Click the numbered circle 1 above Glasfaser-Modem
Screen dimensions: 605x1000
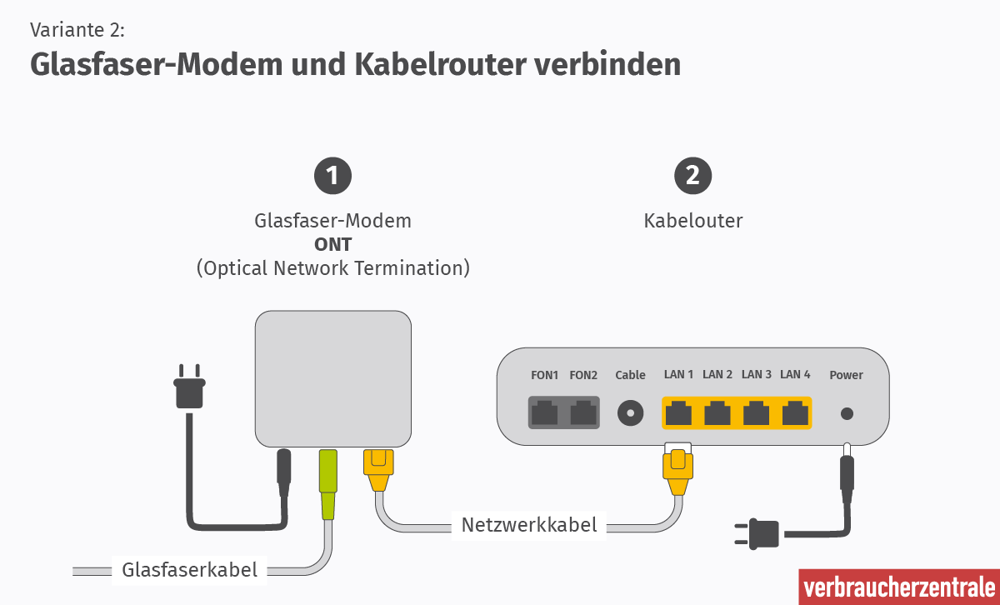tap(332, 176)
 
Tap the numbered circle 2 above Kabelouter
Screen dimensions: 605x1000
tap(692, 176)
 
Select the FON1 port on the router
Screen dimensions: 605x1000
tap(545, 412)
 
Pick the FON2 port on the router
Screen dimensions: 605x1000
tap(583, 412)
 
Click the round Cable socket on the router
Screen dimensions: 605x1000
tap(630, 412)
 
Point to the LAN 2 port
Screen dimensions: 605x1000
tap(717, 412)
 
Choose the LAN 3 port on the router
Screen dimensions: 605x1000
tap(757, 412)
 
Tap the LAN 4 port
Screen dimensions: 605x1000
tap(795, 412)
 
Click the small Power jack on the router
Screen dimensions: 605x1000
tap(847, 412)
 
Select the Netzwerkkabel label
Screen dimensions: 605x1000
tap(529, 525)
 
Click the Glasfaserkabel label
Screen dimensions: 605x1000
tap(190, 570)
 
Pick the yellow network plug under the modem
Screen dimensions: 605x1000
tap(377, 469)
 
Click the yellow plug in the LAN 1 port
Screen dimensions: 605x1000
tap(677, 471)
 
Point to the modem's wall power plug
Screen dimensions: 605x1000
tap(189, 388)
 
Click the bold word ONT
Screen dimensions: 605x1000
tap(332, 245)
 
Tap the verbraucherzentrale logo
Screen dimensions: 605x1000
tap(898, 587)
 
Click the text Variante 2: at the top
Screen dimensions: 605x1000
tap(77, 30)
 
